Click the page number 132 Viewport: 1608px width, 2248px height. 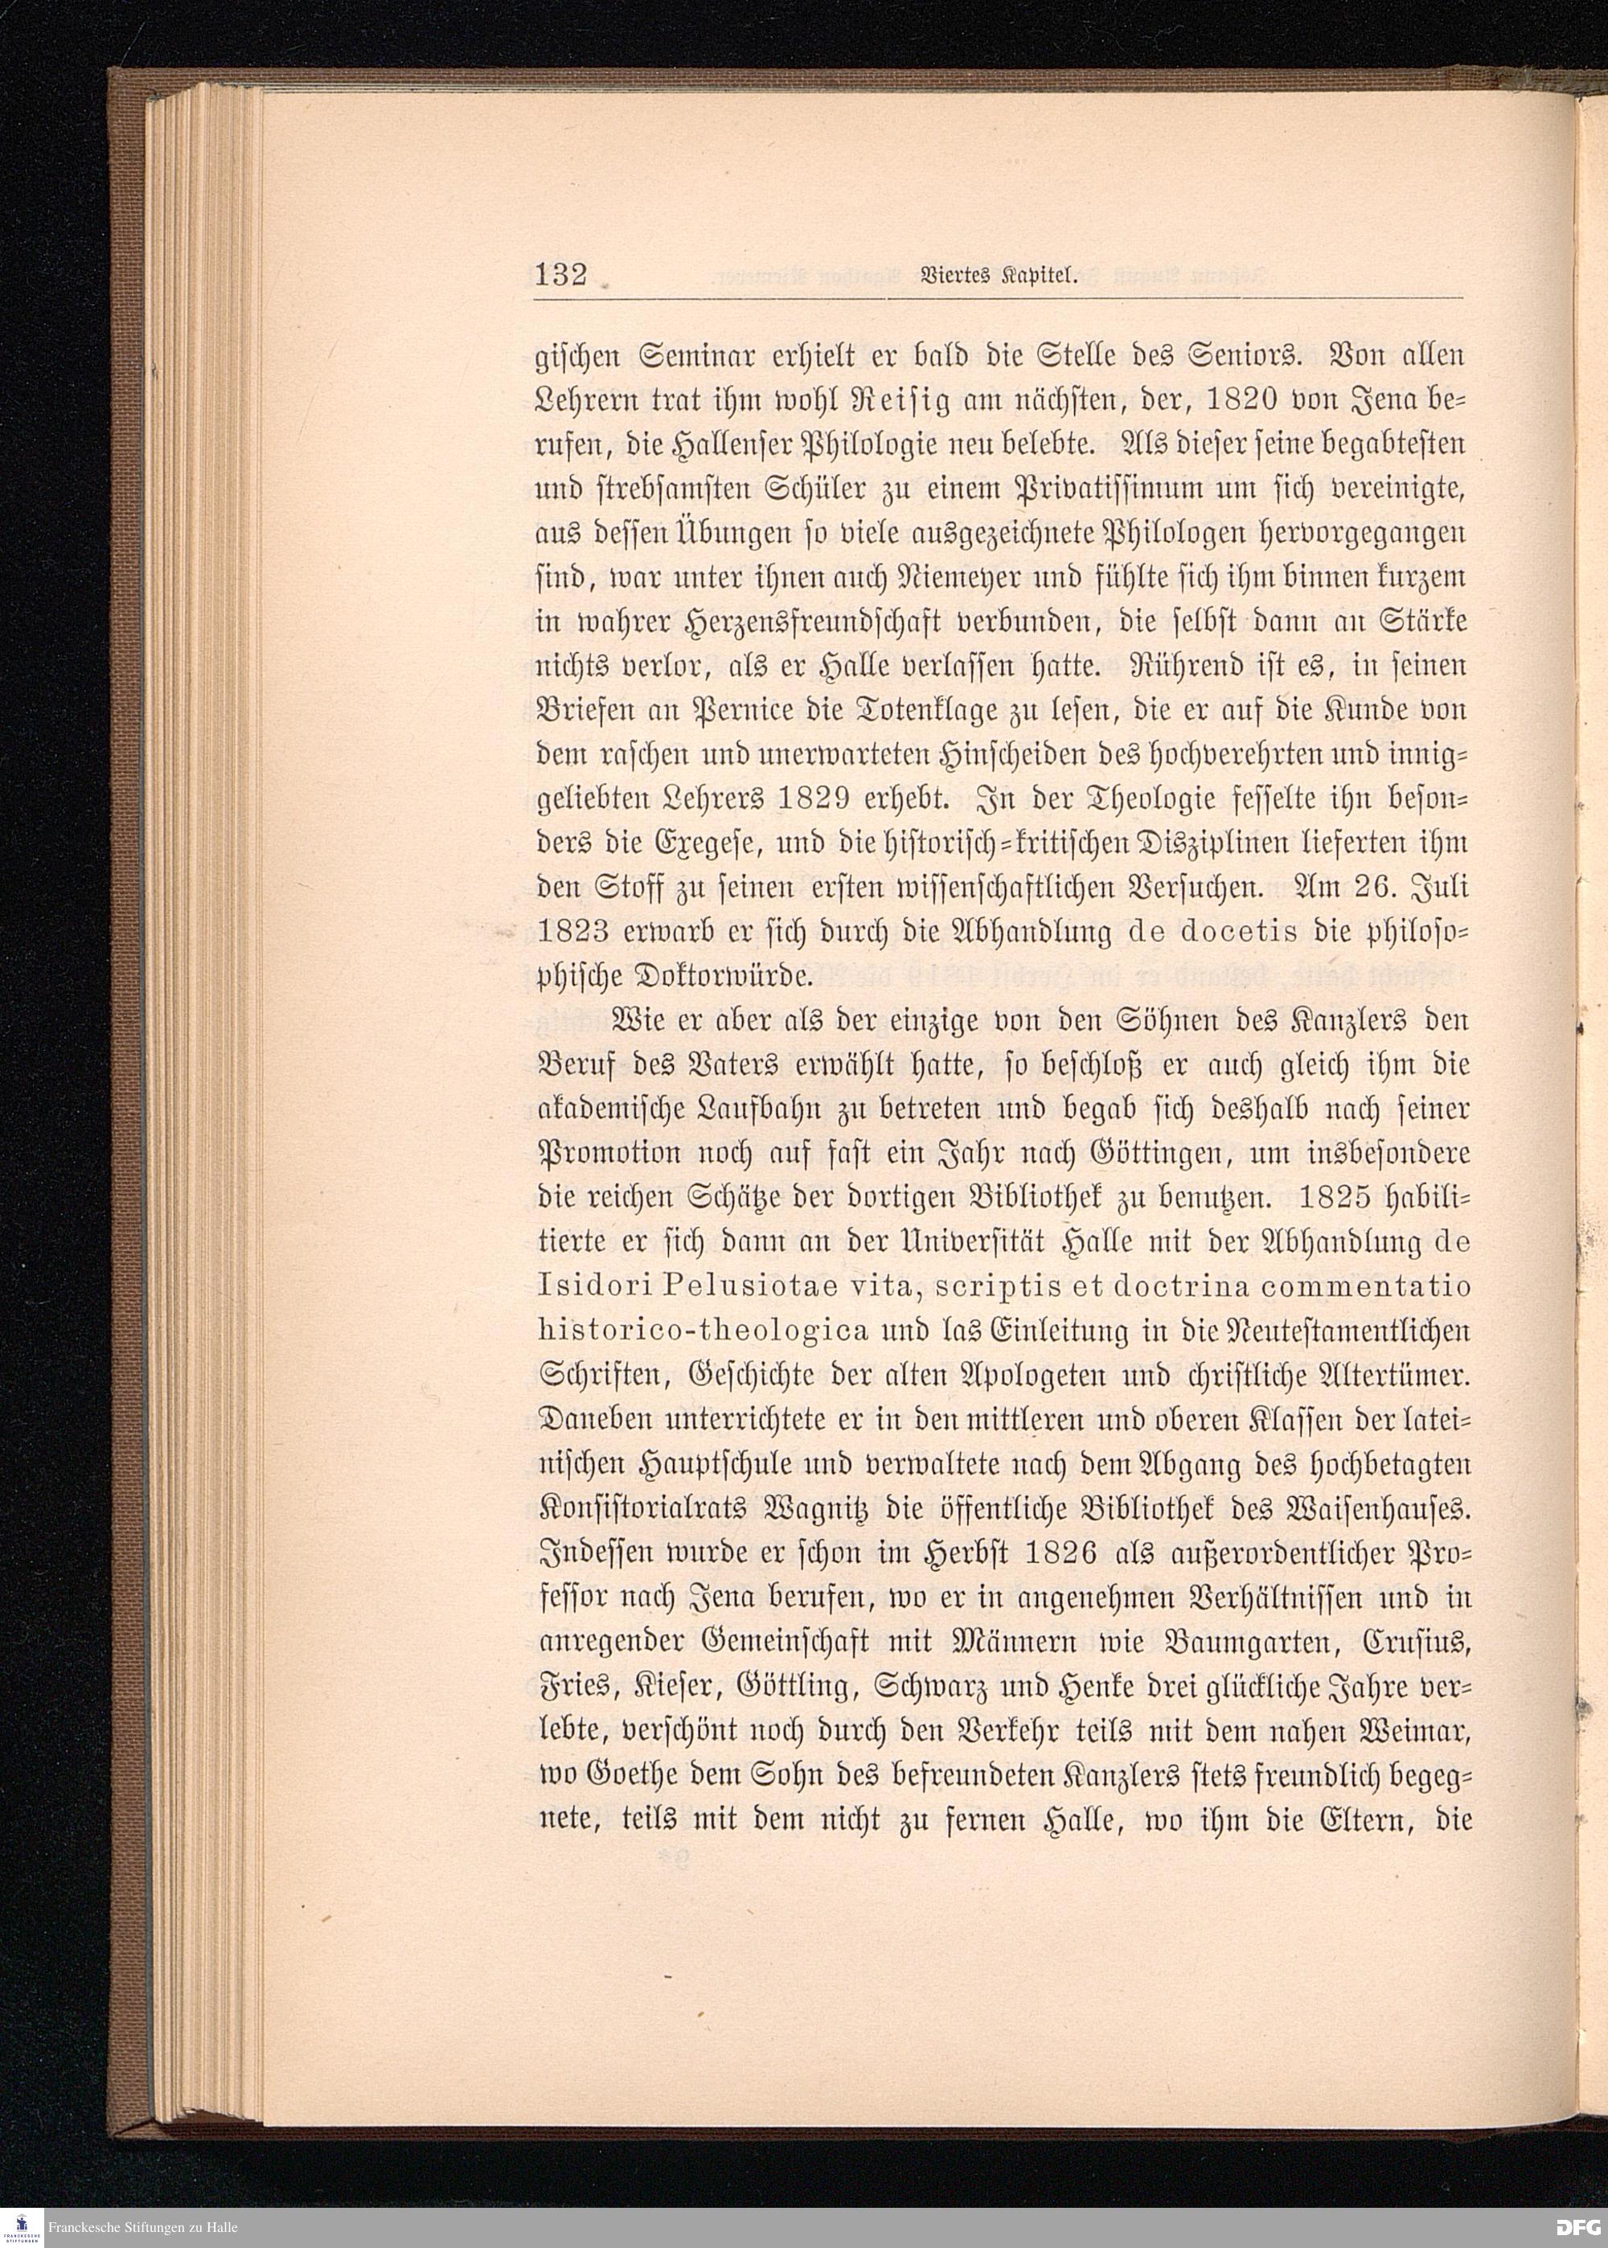(561, 274)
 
